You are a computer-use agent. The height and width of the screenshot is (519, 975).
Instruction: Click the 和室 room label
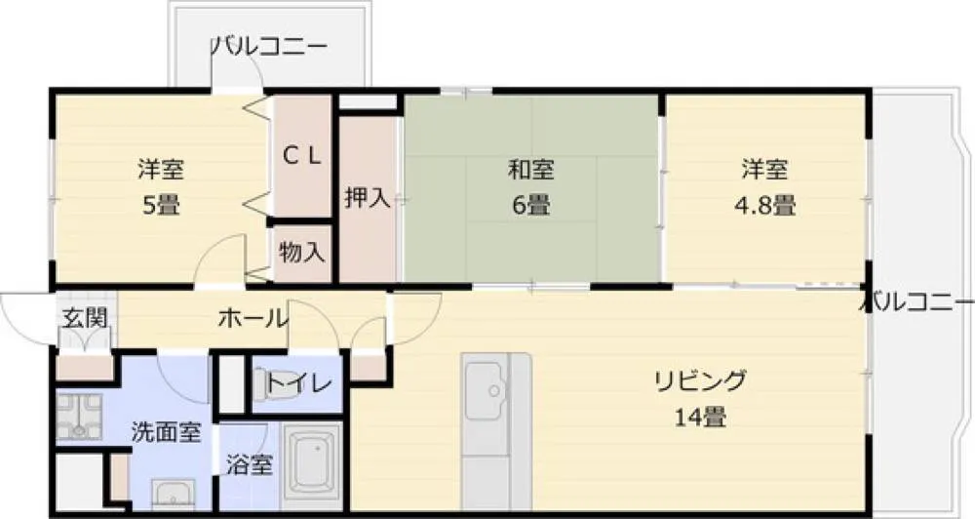click(531, 170)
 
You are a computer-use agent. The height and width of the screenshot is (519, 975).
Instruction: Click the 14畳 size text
click(700, 417)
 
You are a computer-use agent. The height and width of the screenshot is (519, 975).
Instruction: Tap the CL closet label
click(302, 155)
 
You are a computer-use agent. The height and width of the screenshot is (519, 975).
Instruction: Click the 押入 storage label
click(368, 198)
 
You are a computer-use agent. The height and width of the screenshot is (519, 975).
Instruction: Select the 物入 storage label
click(301, 252)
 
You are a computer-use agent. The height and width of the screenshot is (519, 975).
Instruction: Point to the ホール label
click(253, 319)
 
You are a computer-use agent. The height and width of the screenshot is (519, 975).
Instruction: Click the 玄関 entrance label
click(85, 317)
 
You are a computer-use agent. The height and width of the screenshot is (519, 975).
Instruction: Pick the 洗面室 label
click(166, 431)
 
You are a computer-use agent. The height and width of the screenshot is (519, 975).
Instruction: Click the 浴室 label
click(249, 464)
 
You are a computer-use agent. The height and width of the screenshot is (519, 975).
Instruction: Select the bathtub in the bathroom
click(313, 461)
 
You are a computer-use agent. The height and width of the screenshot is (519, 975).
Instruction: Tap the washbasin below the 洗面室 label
click(174, 496)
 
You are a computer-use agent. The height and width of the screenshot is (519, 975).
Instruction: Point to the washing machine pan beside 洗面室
click(79, 417)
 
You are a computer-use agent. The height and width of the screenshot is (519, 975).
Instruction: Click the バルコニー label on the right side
click(920, 303)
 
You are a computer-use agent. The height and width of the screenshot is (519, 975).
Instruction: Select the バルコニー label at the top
click(269, 46)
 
